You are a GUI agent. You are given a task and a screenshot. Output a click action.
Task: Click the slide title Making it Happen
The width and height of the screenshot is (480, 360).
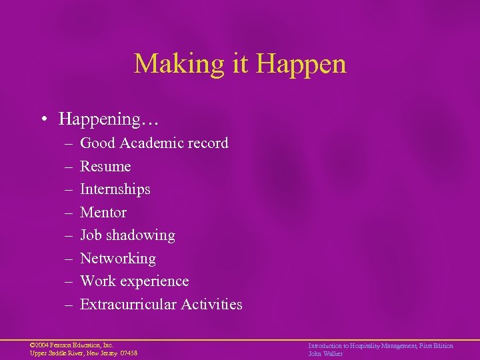coord(240,64)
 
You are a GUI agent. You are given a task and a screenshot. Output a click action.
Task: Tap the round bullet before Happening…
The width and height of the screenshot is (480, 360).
coord(43,119)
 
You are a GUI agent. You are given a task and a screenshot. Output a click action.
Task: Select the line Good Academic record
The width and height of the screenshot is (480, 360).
coord(154,143)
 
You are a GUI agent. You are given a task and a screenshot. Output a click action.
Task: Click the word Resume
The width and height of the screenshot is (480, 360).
coord(105,166)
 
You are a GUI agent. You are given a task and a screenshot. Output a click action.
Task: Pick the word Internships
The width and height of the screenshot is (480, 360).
coord(115,189)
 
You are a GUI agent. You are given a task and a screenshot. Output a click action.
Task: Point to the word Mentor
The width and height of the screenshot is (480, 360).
coord(103,212)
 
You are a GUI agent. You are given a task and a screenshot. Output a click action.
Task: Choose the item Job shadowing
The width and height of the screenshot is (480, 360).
coord(127,235)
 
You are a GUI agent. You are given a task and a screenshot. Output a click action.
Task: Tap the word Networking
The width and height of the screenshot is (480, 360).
coord(118,258)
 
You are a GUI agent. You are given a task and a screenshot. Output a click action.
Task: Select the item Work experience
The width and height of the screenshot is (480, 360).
coord(134,281)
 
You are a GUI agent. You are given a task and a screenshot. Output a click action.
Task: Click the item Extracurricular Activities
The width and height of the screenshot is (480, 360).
coord(161,304)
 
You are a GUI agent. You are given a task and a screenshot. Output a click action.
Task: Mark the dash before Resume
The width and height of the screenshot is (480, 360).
coord(69,167)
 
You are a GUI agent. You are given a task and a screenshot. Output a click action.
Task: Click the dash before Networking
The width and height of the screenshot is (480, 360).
coord(69,259)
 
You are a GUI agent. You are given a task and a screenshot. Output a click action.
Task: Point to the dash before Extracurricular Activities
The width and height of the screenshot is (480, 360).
coord(69,305)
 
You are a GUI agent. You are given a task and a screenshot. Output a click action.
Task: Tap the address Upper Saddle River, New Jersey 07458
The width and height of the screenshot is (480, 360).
coord(83,353)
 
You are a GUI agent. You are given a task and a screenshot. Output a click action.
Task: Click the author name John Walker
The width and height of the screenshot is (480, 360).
coord(325,353)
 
